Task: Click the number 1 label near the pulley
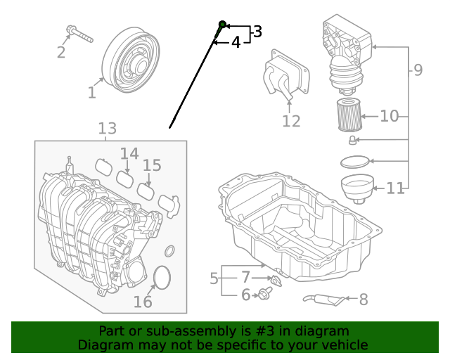click(x=92, y=92)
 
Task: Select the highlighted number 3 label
click(x=257, y=32)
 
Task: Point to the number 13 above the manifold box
click(x=107, y=129)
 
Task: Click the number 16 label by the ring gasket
click(x=143, y=302)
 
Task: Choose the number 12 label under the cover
click(x=291, y=121)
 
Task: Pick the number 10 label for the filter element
click(x=389, y=116)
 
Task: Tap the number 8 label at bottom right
click(x=364, y=300)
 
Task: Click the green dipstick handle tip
click(x=222, y=25)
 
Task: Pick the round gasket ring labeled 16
click(x=162, y=278)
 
